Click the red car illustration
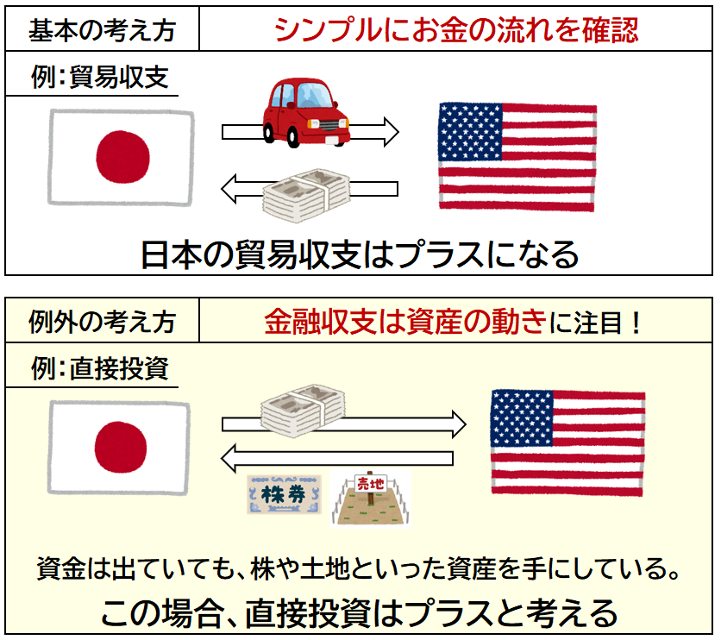(x=306, y=113)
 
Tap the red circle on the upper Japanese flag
(x=122, y=157)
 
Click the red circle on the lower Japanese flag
(x=121, y=447)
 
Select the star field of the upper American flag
(x=470, y=131)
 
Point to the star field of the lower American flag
(x=522, y=418)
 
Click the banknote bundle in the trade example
(x=306, y=195)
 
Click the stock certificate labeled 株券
(x=284, y=494)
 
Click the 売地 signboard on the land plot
(x=371, y=483)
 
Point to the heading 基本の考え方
(x=102, y=30)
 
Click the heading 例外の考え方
(x=102, y=321)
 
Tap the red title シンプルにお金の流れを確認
(x=456, y=30)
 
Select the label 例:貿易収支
(x=100, y=76)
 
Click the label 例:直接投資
(x=100, y=368)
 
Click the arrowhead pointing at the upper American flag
(x=392, y=132)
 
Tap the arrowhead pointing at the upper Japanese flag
(x=229, y=189)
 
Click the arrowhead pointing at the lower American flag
(x=459, y=424)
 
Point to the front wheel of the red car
(x=293, y=135)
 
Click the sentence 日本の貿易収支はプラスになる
(x=360, y=254)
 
